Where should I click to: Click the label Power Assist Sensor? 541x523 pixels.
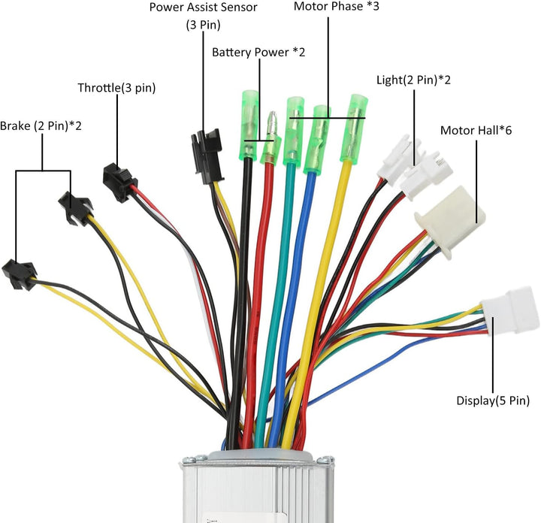click(203, 8)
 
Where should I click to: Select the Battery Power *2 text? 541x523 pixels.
click(258, 53)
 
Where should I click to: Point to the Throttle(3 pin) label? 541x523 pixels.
click(116, 88)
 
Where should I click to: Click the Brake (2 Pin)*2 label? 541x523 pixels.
click(41, 125)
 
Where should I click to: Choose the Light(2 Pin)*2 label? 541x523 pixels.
click(413, 79)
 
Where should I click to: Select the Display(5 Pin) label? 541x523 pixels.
click(493, 401)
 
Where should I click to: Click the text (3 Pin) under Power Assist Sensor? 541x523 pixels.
click(203, 25)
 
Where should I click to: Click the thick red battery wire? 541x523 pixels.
click(258, 301)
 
